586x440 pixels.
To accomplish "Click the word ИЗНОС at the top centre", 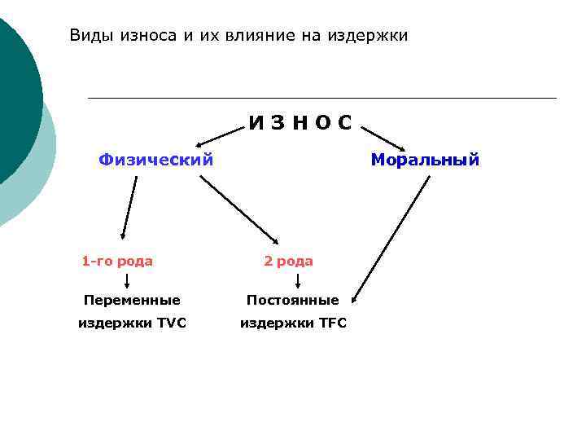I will [x=300, y=123].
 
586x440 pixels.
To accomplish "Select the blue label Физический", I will [x=156, y=160].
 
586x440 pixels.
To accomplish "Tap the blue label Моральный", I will [x=425, y=160].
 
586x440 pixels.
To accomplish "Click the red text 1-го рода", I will [x=117, y=262].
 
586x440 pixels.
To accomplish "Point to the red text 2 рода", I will [x=288, y=262].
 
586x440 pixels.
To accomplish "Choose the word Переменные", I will [x=132, y=300].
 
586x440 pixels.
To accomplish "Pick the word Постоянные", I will [x=293, y=300].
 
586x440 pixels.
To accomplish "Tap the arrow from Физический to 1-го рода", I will [x=129, y=209].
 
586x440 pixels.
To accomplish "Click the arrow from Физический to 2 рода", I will [x=239, y=209].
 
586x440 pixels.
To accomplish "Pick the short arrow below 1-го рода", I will [x=127, y=281].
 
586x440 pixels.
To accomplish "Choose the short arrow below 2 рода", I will [x=299, y=281].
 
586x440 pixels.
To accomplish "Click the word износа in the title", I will [x=152, y=36].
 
